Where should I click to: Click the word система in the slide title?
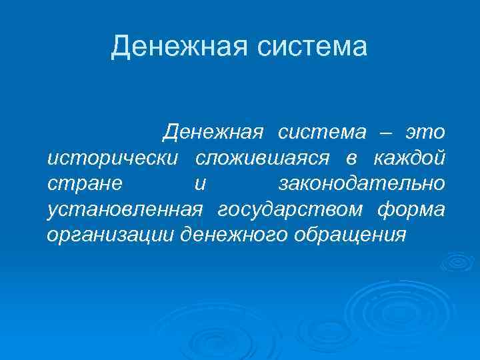coord(311,47)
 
